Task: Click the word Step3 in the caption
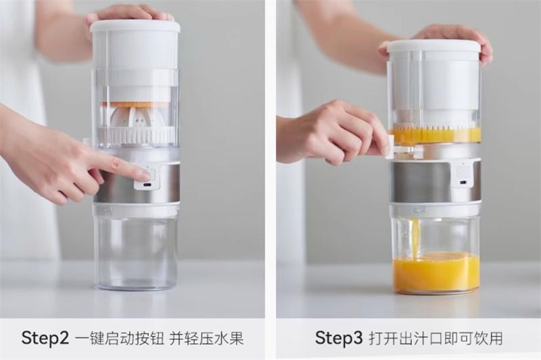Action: (339, 338)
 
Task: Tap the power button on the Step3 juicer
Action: (463, 172)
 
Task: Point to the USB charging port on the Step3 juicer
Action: (464, 183)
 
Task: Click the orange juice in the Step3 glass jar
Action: (436, 272)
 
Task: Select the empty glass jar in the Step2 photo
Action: (136, 252)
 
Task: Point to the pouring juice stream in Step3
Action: (416, 238)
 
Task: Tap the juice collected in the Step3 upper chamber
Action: (436, 135)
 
